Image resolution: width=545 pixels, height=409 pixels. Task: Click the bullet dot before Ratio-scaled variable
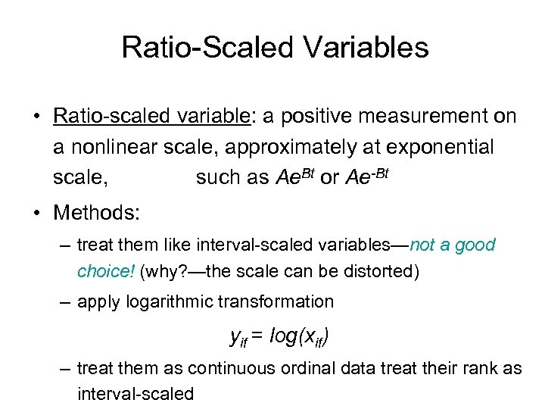37,117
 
